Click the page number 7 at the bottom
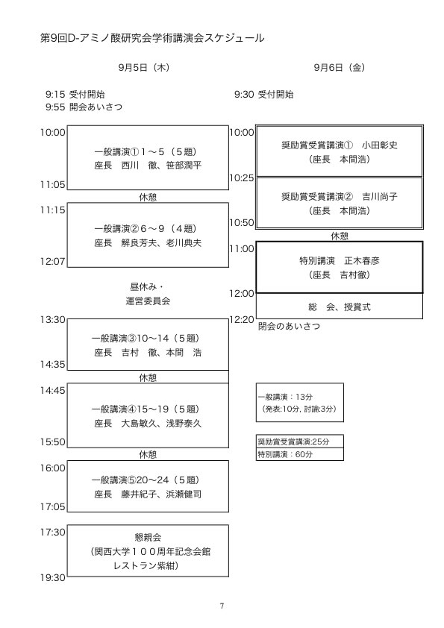222,606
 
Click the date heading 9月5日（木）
144,67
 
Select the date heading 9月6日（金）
340,67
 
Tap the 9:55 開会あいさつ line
84,107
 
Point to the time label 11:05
52,185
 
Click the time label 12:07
52,262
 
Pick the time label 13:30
52,320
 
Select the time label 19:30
52,577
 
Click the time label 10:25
242,178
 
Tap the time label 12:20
242,320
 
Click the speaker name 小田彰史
380,145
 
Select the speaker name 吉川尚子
380,197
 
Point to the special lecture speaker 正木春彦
362,261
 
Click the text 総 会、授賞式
340,307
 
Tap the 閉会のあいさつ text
289,326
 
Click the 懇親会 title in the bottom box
148,537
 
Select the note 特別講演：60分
285,454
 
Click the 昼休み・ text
147,286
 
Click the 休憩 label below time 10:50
340,236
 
